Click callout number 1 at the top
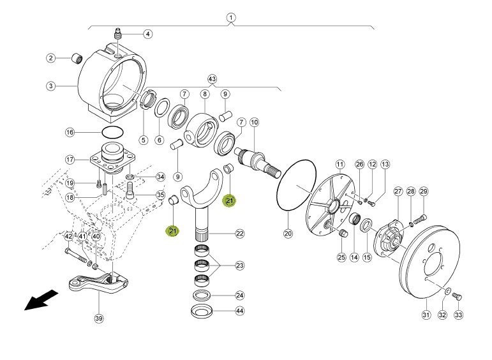(x=230, y=17)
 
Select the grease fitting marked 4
(x=119, y=32)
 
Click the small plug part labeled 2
(x=78, y=59)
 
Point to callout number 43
(x=212, y=79)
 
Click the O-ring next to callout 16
(x=112, y=132)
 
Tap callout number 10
(x=254, y=122)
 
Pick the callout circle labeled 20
(x=288, y=234)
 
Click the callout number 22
(x=239, y=234)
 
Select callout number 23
(x=239, y=266)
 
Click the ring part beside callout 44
(x=204, y=311)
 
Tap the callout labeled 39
(x=98, y=318)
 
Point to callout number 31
(x=426, y=314)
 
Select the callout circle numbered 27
(x=398, y=191)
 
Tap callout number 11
(x=339, y=164)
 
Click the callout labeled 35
(x=160, y=195)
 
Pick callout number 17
(x=70, y=160)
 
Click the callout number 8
(x=205, y=94)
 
